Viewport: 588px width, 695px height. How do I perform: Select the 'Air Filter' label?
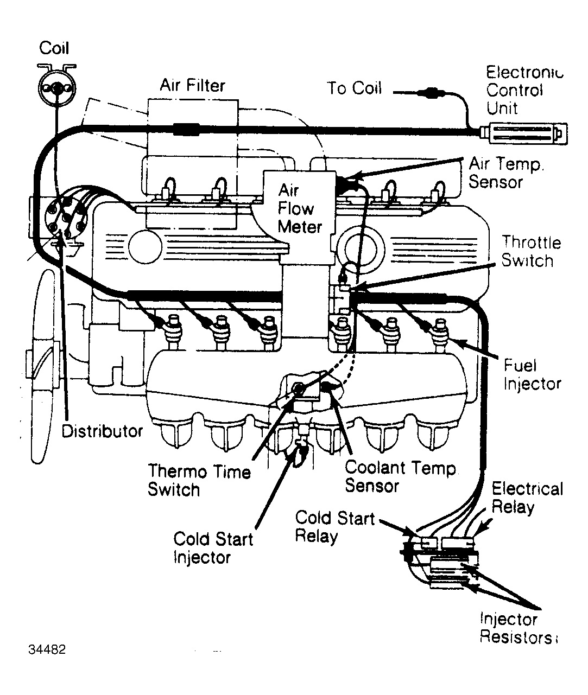point(192,85)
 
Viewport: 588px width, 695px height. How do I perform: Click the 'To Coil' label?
point(354,88)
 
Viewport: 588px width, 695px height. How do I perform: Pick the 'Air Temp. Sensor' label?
point(506,173)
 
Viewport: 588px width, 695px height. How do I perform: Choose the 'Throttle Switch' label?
point(530,251)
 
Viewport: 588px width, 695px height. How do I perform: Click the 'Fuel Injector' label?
point(532,374)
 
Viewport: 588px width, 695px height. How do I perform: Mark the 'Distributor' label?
point(102,431)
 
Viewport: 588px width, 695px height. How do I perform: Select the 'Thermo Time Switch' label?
point(199,480)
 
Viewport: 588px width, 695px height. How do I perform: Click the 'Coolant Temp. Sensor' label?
point(400,476)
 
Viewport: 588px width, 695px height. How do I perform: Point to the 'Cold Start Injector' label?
point(213,548)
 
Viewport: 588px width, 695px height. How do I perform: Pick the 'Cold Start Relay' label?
point(334,526)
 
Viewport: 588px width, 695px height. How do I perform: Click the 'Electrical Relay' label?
point(527,498)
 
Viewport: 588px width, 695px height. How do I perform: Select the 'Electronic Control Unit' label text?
point(523,90)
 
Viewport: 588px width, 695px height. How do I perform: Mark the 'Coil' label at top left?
point(54,48)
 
